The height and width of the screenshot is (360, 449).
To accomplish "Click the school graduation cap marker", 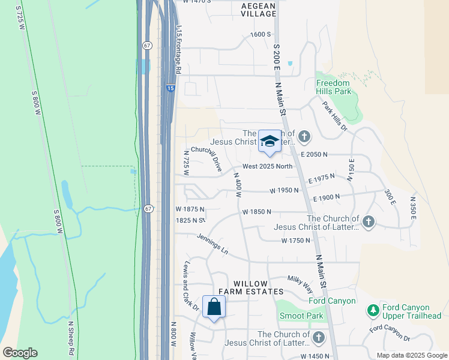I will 270,142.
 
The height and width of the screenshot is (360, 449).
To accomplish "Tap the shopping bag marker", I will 214,307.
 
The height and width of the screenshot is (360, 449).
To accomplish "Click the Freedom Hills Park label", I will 333,87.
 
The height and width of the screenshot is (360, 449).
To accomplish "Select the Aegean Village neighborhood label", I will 258,10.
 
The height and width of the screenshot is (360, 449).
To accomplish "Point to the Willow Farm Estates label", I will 250,287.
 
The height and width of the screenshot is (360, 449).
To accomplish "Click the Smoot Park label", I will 301,316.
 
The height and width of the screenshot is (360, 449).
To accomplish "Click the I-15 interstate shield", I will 171,89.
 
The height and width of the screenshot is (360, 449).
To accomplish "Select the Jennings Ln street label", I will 212,244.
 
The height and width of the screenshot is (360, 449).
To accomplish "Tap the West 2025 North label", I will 268,167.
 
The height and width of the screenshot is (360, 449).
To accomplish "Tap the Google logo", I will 20,353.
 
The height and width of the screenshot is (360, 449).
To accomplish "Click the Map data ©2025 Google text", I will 411,355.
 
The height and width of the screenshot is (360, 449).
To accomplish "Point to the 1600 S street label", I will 261,34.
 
